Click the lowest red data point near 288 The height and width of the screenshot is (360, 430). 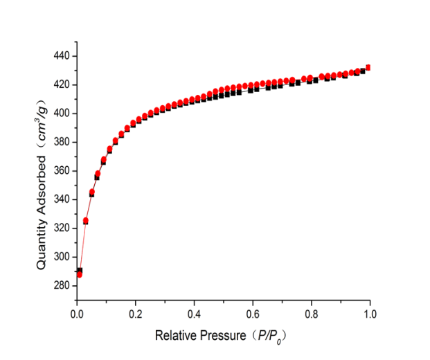tap(79, 275)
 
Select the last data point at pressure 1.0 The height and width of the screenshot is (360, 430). tap(368, 68)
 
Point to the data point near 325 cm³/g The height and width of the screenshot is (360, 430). tap(86, 221)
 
